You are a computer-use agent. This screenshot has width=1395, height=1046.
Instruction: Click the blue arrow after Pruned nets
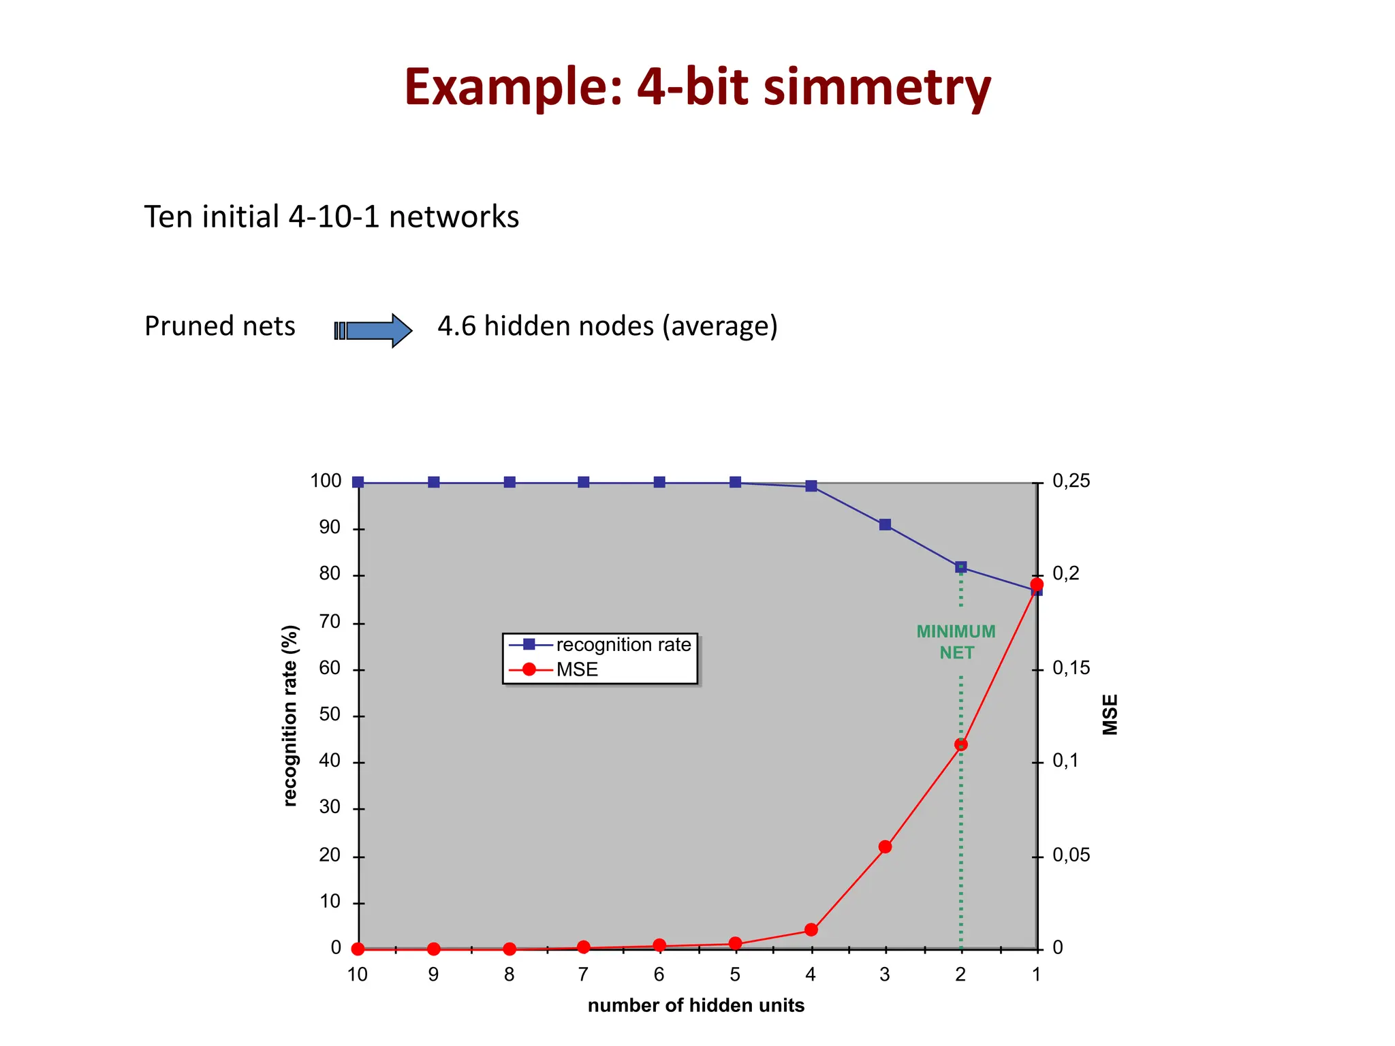click(x=373, y=330)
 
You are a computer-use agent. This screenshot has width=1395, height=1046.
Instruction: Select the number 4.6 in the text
click(x=456, y=326)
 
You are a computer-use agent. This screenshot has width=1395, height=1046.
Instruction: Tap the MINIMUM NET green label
click(x=956, y=642)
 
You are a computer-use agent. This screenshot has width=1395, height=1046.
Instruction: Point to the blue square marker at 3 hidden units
click(x=885, y=524)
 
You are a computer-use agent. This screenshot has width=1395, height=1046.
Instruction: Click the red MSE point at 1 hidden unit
click(x=1037, y=584)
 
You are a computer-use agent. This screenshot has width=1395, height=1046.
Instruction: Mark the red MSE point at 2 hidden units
click(x=960, y=744)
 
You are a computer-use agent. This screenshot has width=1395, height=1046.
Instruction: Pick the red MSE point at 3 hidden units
click(x=885, y=846)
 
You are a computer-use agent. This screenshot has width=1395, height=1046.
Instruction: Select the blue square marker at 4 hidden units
click(x=811, y=486)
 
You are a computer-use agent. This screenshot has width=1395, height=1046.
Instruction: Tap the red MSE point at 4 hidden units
click(x=811, y=930)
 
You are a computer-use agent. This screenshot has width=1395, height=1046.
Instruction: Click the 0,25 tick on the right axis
click(x=1071, y=481)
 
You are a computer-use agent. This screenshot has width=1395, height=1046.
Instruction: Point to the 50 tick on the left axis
click(x=330, y=714)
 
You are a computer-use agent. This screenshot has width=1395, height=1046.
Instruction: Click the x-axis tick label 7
click(x=583, y=974)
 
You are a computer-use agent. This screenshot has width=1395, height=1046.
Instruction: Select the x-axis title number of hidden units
click(x=695, y=1006)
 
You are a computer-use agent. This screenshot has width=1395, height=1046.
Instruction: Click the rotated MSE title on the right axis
click(x=1110, y=714)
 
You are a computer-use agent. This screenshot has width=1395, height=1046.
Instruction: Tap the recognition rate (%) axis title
click(x=290, y=715)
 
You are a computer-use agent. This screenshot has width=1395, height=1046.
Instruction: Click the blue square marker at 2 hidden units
click(x=960, y=567)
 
